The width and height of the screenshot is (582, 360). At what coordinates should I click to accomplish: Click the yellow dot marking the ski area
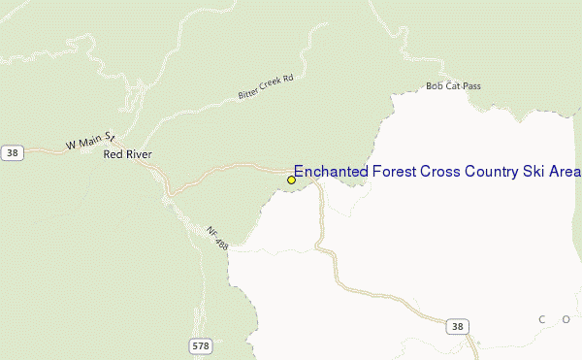291,180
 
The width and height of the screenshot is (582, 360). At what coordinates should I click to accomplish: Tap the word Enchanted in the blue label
328,172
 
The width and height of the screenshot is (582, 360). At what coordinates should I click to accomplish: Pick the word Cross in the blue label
438,172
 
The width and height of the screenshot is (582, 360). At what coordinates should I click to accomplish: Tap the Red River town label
127,154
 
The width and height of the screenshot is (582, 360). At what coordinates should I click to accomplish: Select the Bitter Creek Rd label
265,86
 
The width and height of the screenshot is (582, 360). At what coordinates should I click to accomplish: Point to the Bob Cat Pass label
453,86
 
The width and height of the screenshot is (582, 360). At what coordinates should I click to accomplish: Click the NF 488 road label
216,236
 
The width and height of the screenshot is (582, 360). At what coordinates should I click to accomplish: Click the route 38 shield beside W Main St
12,152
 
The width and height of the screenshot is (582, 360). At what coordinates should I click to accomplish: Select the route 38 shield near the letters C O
457,326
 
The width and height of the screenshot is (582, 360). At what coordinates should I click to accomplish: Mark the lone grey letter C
541,318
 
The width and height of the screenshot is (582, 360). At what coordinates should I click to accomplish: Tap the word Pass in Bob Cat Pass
470,86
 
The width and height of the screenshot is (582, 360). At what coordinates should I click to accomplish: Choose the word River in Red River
138,154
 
